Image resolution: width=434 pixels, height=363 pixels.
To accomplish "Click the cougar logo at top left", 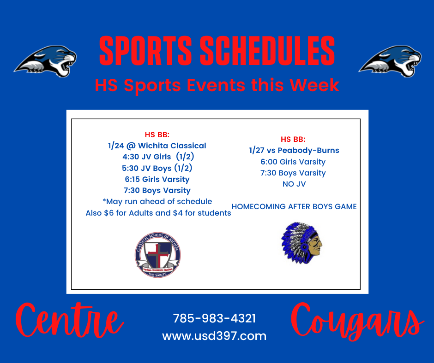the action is tap(46, 61).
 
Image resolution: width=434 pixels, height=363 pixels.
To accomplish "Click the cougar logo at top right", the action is tap(390, 61).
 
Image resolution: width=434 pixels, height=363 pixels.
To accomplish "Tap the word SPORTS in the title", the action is tap(145, 51).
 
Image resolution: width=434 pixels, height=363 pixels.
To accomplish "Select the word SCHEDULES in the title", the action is tap(267, 51).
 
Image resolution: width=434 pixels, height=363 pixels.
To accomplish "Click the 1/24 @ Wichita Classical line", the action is tap(157, 146).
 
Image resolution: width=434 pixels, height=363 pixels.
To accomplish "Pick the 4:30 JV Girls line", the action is tap(158, 157).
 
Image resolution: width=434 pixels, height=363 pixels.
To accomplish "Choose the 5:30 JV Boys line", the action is tap(157, 168).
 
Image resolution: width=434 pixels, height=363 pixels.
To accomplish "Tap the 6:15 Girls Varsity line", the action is tap(157, 179).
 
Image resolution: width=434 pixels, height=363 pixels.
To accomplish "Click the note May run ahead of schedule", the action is tap(157, 201).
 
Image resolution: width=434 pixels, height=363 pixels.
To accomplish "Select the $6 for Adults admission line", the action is tap(158, 213).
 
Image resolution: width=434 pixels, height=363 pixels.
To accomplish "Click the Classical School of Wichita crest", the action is tap(158, 255).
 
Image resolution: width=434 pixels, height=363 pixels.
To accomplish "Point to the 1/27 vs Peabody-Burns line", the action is tap(294, 150).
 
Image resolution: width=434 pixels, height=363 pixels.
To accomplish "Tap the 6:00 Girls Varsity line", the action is tap(293, 162).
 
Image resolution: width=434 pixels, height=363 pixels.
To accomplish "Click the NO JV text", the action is tap(294, 184).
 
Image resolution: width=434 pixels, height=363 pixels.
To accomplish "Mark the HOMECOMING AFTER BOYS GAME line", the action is tap(294, 206).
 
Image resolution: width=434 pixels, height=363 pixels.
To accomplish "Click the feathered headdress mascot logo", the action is tap(301, 243).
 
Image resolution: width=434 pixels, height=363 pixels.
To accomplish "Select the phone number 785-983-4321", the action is tap(214, 318).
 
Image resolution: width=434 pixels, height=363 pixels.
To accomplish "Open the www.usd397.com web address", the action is tap(214, 336).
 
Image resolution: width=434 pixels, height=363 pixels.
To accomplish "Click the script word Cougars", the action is tap(357, 322).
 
